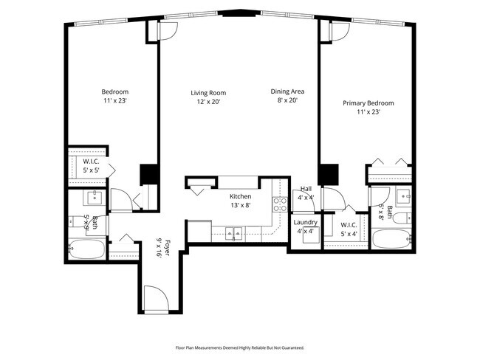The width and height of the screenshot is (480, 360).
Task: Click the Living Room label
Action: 208,93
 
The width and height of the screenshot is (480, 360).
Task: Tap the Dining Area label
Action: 287,91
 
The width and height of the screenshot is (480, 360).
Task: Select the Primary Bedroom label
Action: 368,103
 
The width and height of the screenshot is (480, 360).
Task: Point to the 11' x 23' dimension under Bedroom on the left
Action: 114,101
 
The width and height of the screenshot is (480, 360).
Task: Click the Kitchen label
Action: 240,196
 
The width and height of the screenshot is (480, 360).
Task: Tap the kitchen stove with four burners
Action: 281,204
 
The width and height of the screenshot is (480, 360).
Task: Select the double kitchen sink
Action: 234,235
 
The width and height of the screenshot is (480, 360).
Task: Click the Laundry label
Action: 305,222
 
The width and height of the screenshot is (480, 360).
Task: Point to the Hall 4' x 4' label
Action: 305,193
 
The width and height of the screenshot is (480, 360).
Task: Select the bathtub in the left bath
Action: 87,252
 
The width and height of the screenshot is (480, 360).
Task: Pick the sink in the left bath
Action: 95,198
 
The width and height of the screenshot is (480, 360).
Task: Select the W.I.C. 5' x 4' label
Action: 350,229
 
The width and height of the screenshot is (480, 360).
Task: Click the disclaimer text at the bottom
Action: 239,347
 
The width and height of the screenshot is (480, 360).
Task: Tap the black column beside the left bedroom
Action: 150,174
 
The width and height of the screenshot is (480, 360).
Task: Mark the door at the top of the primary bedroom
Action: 340,31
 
